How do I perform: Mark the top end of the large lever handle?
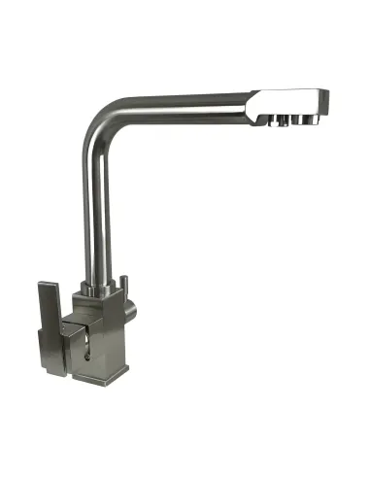(49, 286)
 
